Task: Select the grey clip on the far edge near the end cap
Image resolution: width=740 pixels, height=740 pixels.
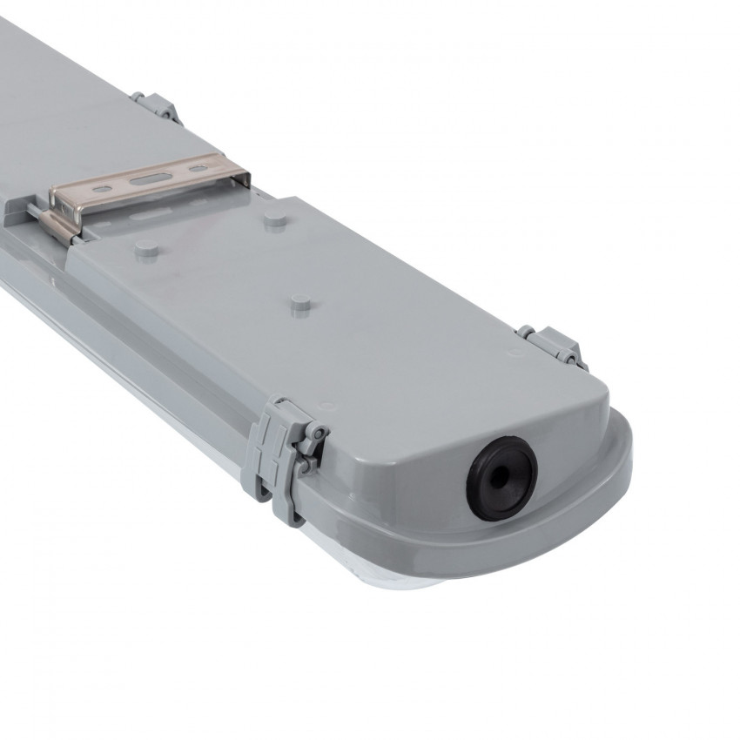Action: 552,346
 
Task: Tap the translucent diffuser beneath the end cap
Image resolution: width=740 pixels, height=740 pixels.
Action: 409,592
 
